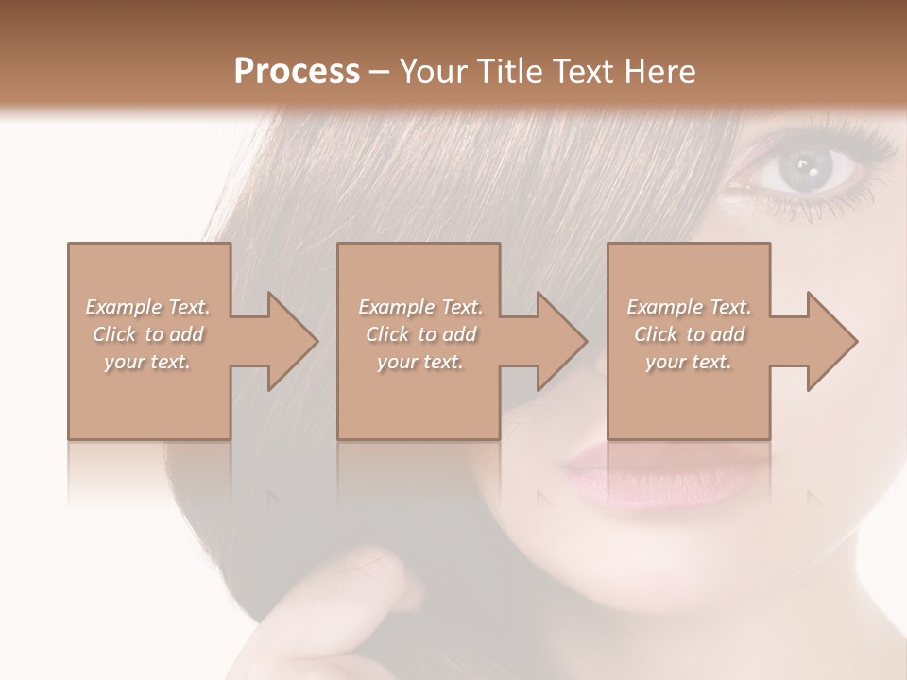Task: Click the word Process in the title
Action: point(297,71)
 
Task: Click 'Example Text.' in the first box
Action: point(147,307)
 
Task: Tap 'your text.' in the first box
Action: point(147,362)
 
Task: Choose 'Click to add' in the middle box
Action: point(420,334)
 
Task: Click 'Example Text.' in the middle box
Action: point(420,307)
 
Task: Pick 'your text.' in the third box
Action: point(689,362)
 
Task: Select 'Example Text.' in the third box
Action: point(689,307)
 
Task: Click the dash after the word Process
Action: point(379,72)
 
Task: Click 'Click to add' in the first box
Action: point(147,334)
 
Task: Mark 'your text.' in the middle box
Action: point(420,362)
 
